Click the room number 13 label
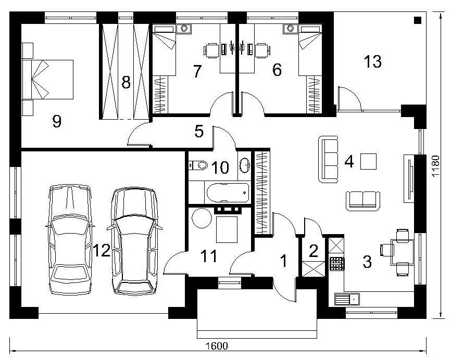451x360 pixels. click(373, 61)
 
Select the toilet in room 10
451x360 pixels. click(199, 165)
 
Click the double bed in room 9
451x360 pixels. click(48, 80)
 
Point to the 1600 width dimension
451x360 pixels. click(217, 345)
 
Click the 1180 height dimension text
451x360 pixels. click(436, 166)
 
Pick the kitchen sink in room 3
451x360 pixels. click(347, 299)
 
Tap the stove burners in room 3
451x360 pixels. click(337, 263)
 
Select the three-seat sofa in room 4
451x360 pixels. click(329, 160)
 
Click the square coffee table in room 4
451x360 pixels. click(368, 161)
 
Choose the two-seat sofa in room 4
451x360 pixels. click(362, 201)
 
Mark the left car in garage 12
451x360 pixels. click(70, 240)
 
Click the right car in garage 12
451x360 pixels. click(134, 241)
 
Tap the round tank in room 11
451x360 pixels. click(202, 218)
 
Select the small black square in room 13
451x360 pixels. click(418, 20)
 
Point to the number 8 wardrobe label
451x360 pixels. click(126, 82)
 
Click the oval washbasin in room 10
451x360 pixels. click(245, 165)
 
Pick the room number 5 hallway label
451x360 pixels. click(199, 131)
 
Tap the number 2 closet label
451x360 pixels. click(313, 251)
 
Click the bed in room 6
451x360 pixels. click(310, 50)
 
